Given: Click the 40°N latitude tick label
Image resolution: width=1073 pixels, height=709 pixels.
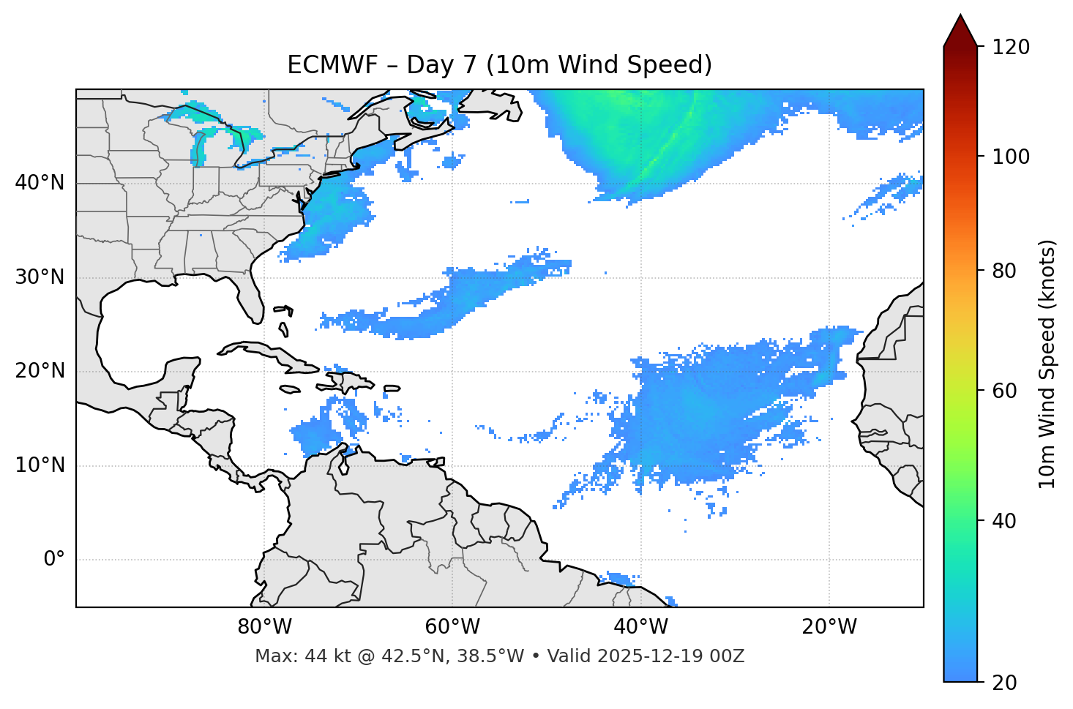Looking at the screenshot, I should click(40, 183).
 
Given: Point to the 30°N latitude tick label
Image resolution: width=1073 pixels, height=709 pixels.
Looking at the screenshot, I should click(40, 277).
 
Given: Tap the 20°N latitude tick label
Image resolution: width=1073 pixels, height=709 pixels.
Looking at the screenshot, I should click(40, 371).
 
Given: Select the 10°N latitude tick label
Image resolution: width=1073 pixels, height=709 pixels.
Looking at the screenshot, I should click(40, 465).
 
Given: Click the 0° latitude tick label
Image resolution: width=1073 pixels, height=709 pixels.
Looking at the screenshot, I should click(54, 560).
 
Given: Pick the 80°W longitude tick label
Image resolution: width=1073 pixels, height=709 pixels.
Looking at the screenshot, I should click(264, 627).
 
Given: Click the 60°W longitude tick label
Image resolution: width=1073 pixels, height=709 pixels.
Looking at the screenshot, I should click(452, 627).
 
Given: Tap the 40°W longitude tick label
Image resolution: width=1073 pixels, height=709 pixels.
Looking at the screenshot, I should click(640, 627).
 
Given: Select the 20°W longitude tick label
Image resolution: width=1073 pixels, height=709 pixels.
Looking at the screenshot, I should click(829, 627).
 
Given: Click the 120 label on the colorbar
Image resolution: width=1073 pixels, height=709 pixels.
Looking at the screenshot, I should click(1010, 48).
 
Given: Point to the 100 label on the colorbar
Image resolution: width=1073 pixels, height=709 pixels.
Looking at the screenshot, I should click(1010, 157).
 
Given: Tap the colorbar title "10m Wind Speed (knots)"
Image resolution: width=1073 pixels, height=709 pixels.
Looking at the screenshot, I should click(1047, 364).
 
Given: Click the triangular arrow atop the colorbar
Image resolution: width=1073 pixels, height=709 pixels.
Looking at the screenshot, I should click(960, 31).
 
